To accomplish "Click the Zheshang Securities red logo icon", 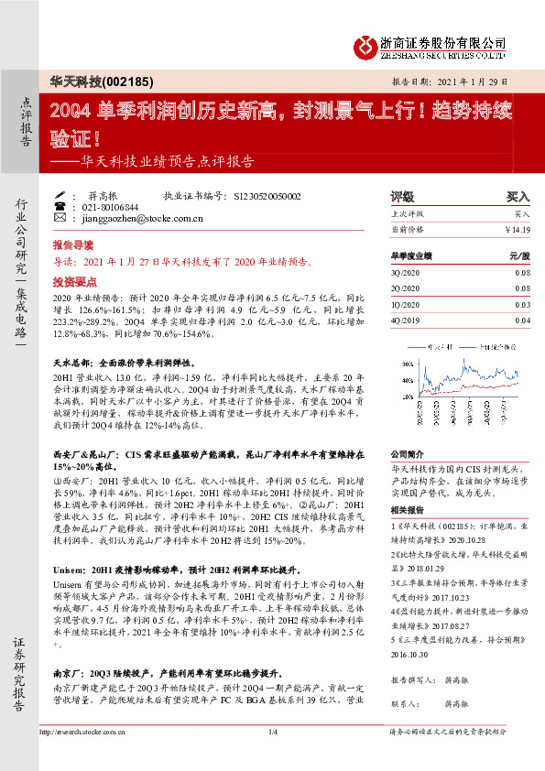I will pyautogui.click(x=365, y=45).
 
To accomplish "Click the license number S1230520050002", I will pyautogui.click(x=268, y=196).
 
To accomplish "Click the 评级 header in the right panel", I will pyautogui.click(x=402, y=196).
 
